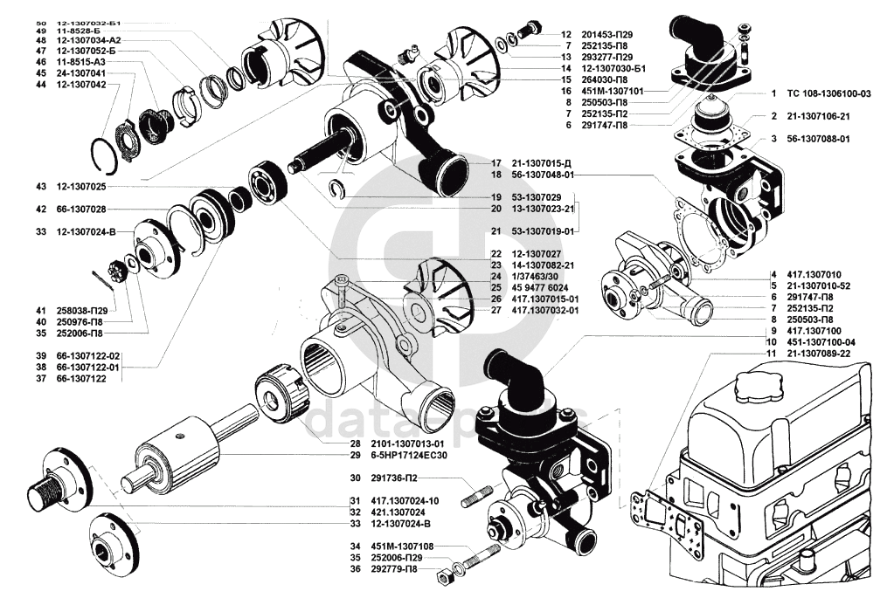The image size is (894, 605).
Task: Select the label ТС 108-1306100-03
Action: click(829, 93)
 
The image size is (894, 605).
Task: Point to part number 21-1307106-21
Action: click(820, 116)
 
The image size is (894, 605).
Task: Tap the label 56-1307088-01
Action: click(820, 139)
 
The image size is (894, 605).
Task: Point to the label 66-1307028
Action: click(82, 210)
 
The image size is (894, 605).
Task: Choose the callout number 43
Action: click(41, 187)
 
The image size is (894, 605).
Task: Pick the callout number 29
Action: click(330, 456)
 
